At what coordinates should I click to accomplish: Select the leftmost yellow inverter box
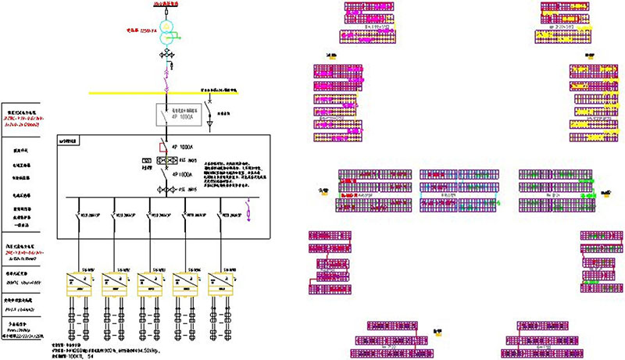80,282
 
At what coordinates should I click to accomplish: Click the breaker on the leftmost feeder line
80,215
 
